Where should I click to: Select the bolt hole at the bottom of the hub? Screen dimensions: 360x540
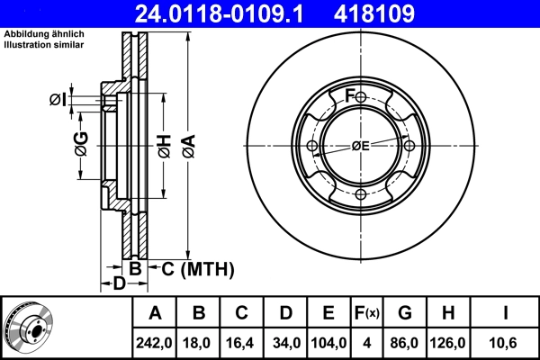tap(361, 195)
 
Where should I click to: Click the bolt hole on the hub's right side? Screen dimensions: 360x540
tap(409, 146)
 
